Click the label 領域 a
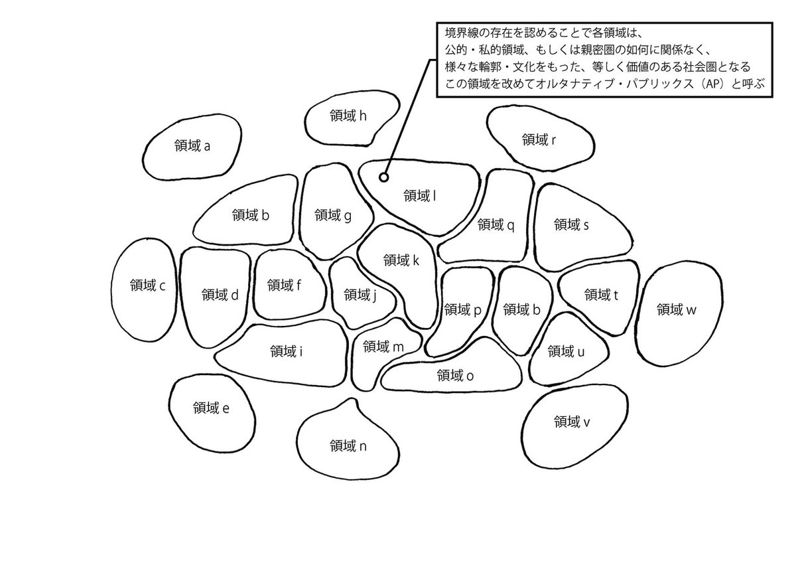pos(191,145)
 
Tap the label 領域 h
pos(348,116)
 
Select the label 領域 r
pos(539,139)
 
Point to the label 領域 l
pos(419,195)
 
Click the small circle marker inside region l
pos(383,177)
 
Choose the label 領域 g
pos(333,214)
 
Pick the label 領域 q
pos(496,224)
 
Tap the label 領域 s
pos(571,224)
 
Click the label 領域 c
pos(147,285)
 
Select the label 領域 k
pos(401,260)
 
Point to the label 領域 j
pos(360,294)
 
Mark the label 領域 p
pos(462,309)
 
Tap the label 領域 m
pos(384,347)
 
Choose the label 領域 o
pos(455,376)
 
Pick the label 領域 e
pos(211,408)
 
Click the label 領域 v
pos(571,421)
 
